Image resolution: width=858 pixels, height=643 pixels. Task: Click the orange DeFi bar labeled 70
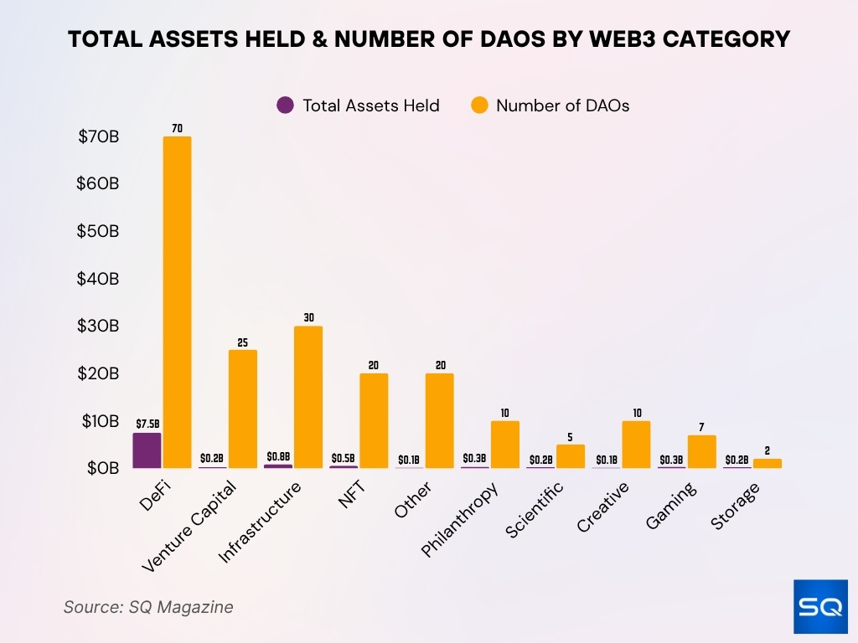(177, 301)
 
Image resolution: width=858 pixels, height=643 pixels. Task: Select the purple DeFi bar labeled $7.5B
(147, 450)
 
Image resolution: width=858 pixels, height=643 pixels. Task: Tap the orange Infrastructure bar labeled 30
(308, 397)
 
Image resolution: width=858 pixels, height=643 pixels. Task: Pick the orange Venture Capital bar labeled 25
(242, 409)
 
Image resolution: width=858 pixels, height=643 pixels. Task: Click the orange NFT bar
(374, 420)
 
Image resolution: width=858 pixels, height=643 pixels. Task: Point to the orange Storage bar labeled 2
(767, 463)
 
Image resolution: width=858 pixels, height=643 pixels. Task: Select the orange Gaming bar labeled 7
(701, 451)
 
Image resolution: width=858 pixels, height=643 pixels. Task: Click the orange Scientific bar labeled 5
(571, 455)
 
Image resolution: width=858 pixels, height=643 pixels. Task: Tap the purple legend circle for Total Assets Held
(285, 105)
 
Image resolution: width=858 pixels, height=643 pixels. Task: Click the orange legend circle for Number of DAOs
(478, 105)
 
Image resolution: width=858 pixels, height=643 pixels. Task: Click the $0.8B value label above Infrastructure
(278, 456)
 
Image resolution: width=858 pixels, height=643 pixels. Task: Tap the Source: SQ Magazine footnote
(148, 607)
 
